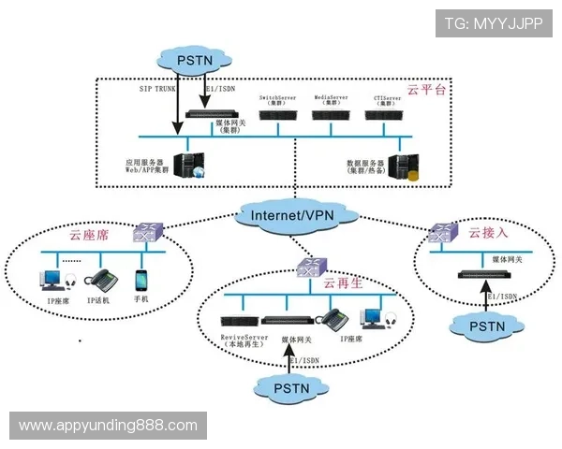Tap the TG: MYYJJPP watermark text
coord(495,22)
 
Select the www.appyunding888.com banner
coord(108,425)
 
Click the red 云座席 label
coord(89,235)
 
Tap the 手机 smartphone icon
coord(141,280)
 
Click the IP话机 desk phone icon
coord(98,280)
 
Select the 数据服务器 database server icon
coord(403,167)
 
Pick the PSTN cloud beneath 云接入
coord(484,326)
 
